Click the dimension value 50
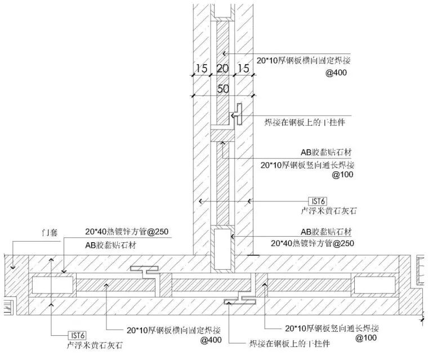[x=223, y=88]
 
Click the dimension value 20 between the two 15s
[x=222, y=68]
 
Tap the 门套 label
[x=50, y=233]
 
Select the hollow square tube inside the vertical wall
[x=222, y=249]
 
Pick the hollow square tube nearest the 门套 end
[x=53, y=285]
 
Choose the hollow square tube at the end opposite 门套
[x=374, y=285]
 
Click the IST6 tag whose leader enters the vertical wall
[x=318, y=201]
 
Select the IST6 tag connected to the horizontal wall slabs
[x=78, y=335]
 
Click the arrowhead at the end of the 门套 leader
[x=13, y=266]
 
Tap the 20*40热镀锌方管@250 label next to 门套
[x=127, y=232]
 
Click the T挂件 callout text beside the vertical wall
[x=305, y=122]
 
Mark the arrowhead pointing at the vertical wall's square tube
[x=232, y=236]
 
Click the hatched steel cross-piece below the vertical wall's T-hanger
[x=222, y=135]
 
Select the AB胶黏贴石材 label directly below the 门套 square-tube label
[x=111, y=245]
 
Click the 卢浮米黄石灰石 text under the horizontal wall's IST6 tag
[x=95, y=345]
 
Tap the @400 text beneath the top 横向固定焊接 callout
[x=336, y=73]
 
